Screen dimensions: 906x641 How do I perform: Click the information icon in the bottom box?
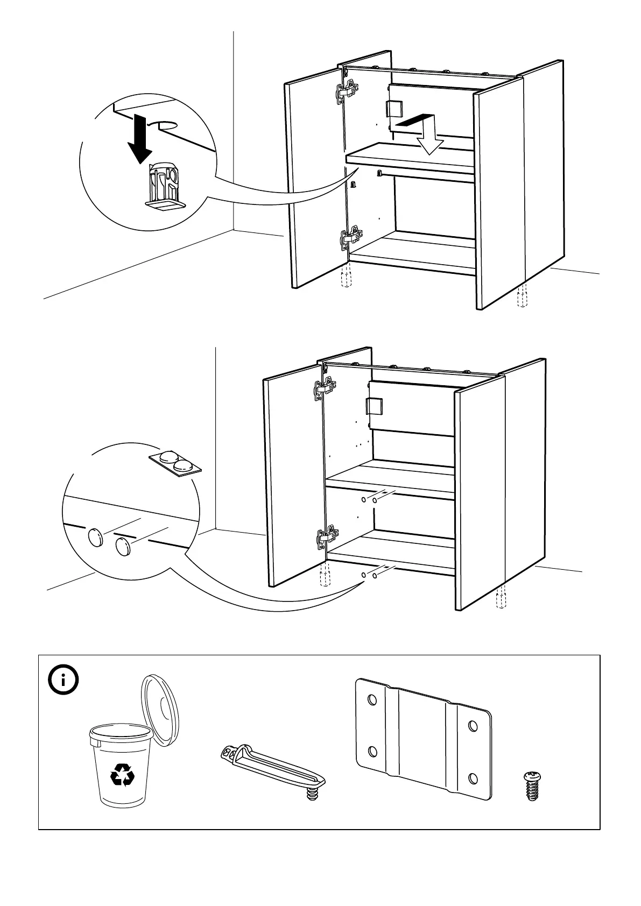click(x=64, y=681)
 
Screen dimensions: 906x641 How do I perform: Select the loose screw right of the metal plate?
click(x=532, y=786)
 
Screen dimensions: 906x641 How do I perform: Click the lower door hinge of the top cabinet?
click(x=350, y=237)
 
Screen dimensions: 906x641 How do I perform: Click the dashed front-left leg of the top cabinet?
click(x=346, y=277)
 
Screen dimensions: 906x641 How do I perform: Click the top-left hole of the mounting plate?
click(x=371, y=700)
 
